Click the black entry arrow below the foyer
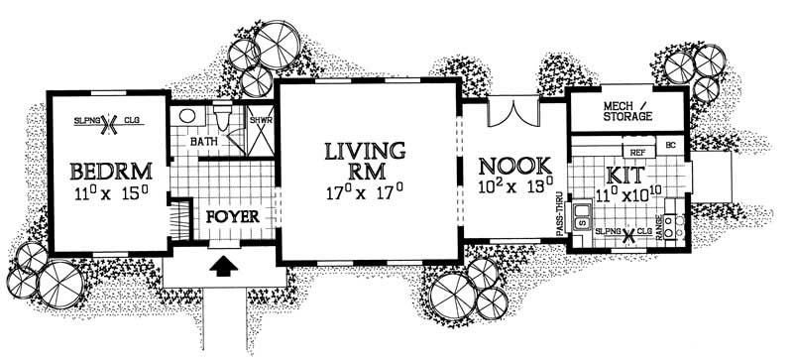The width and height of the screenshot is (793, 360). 226,266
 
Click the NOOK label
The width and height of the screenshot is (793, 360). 508,165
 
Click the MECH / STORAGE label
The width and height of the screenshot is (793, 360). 627,110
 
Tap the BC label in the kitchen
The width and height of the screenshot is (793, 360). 671,146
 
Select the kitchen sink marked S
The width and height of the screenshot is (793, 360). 583,220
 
